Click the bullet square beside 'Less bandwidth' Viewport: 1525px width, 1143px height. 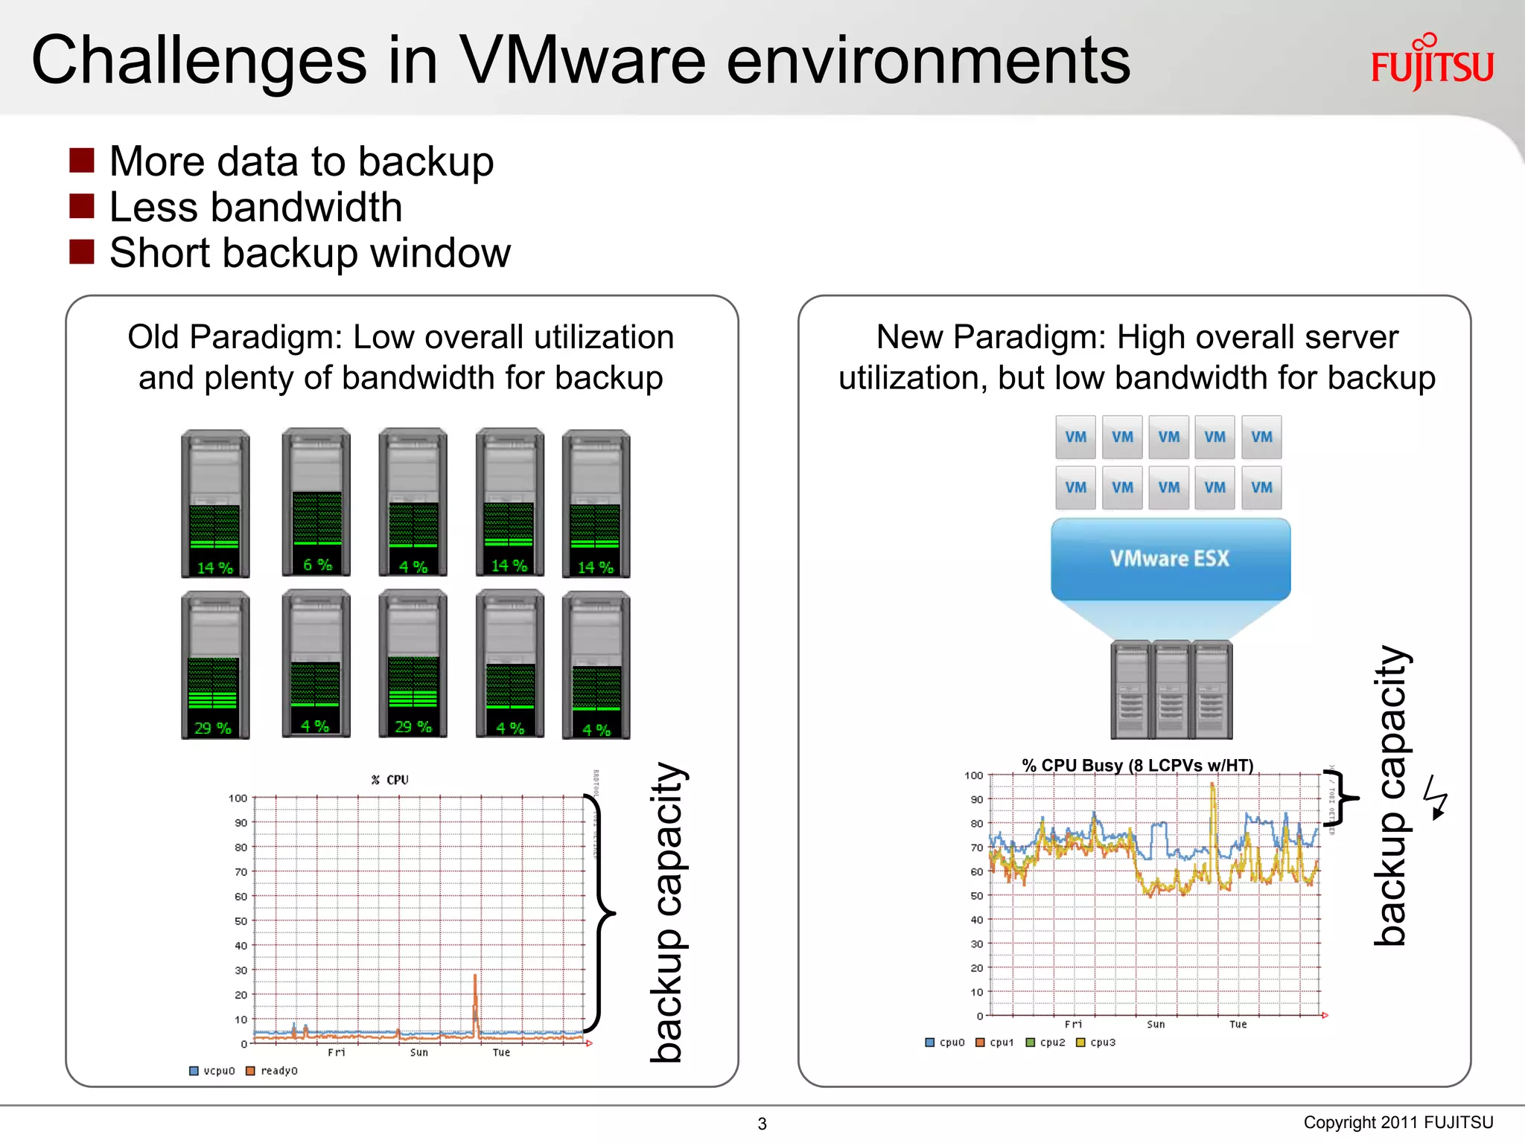(x=81, y=206)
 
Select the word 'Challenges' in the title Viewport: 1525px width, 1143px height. (x=199, y=61)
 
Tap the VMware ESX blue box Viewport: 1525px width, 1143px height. (x=1170, y=559)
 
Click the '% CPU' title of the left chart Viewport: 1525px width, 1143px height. (x=390, y=780)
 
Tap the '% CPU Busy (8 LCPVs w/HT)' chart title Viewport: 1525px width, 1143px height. (x=1137, y=765)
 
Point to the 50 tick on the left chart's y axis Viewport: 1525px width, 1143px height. (x=241, y=921)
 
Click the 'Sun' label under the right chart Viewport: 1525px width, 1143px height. (x=1156, y=1025)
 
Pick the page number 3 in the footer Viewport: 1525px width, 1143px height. (x=762, y=1124)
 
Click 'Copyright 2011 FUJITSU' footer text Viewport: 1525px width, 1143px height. (x=1398, y=1122)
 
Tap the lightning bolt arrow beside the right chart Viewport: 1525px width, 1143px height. (x=1436, y=797)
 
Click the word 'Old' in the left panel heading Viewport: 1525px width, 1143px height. (x=153, y=337)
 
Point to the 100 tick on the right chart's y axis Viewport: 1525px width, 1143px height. (x=973, y=775)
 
